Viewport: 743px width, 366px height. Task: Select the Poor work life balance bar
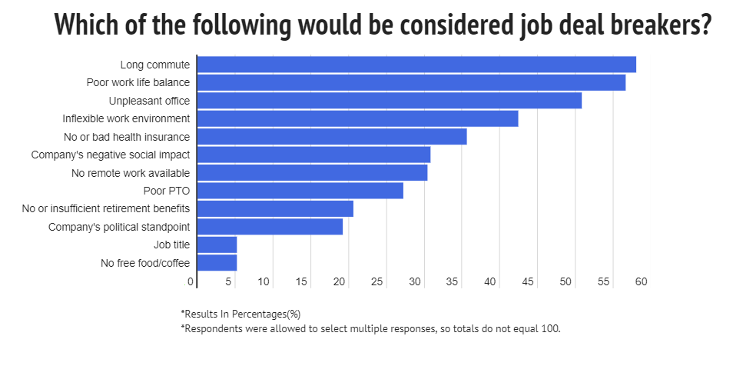pyautogui.click(x=411, y=82)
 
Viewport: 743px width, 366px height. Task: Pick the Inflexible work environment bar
pyautogui.click(x=357, y=118)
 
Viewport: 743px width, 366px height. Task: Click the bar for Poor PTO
pyautogui.click(x=300, y=191)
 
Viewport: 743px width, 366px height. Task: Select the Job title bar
pyautogui.click(x=217, y=245)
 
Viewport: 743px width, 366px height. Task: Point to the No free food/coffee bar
pyautogui.click(x=217, y=263)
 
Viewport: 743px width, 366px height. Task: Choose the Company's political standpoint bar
pyautogui.click(x=270, y=227)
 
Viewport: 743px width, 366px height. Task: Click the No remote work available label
pyautogui.click(x=130, y=173)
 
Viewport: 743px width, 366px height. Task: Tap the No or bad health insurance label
pyautogui.click(x=127, y=137)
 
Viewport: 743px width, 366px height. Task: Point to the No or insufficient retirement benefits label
pyautogui.click(x=106, y=208)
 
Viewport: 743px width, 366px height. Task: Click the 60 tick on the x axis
pyautogui.click(x=641, y=282)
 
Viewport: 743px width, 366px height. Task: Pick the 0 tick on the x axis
pyautogui.click(x=191, y=282)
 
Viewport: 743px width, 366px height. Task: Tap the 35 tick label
pyautogui.click(x=453, y=282)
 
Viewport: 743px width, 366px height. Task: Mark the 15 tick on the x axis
pyautogui.click(x=301, y=282)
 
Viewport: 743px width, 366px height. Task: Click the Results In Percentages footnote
pyautogui.click(x=240, y=314)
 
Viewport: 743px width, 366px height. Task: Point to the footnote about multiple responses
pyautogui.click(x=371, y=328)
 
